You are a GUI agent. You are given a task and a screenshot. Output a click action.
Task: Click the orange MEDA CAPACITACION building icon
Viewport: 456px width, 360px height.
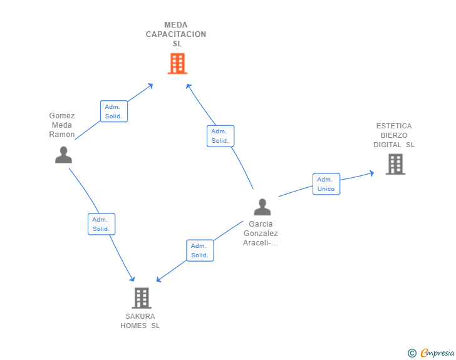tap(177, 63)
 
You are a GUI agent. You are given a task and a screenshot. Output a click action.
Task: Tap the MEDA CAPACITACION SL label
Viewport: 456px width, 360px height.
tap(176, 34)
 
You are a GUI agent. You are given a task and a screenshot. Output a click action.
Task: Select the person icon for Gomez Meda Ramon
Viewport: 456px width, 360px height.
tap(63, 155)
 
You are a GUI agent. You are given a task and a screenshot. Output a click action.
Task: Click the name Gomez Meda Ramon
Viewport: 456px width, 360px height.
tap(62, 125)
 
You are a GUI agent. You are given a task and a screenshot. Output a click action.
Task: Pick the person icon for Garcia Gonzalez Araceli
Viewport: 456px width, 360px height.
tap(262, 207)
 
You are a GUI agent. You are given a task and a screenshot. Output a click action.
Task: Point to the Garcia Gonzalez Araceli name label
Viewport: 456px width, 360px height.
tap(261, 234)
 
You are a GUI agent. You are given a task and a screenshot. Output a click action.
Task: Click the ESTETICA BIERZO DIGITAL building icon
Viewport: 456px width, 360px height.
tap(395, 164)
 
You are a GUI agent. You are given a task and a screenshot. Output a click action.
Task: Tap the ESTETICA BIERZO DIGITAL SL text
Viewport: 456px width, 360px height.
tap(394, 135)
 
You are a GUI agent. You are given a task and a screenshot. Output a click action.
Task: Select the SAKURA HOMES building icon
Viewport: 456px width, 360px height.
tap(142, 297)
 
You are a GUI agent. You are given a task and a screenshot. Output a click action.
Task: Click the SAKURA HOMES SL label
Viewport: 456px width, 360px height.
tap(140, 321)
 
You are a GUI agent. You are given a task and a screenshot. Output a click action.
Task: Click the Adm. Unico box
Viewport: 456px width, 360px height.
tap(326, 184)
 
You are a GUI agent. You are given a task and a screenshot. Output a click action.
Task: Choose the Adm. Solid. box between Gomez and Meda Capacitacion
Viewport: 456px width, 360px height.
tap(114, 111)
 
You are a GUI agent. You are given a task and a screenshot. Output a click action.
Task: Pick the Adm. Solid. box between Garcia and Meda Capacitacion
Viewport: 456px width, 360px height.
tap(220, 136)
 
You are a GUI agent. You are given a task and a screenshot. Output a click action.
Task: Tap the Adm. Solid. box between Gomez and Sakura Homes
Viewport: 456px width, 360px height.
tap(101, 224)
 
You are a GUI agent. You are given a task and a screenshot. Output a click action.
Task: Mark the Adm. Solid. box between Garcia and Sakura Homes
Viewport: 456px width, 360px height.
tap(200, 250)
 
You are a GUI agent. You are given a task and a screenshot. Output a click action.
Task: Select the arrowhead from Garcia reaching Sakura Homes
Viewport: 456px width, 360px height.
tap(160, 279)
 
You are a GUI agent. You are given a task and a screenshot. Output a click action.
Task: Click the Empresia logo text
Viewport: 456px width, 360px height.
tap(437, 353)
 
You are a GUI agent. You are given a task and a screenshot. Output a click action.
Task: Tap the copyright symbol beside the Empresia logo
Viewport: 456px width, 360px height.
tap(412, 354)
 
